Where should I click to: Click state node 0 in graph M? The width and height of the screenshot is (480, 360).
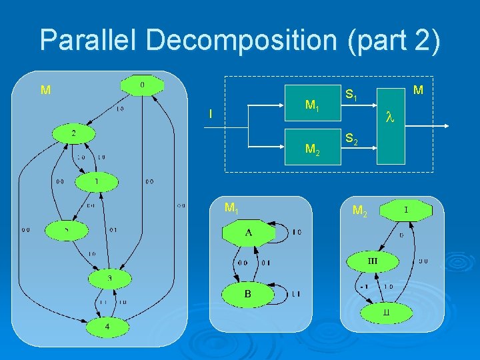141,85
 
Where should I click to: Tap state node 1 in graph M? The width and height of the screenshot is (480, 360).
97,181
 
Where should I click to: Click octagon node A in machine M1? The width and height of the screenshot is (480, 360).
248,233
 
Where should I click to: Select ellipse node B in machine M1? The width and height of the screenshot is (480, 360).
248,294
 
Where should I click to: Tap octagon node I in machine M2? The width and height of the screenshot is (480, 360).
406,211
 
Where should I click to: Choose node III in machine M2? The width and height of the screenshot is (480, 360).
372,261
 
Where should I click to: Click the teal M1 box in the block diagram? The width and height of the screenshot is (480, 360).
312,105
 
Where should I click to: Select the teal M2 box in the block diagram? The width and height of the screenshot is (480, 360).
312,147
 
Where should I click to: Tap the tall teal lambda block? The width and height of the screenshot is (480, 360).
391,120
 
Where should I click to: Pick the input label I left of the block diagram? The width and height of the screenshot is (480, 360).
211,115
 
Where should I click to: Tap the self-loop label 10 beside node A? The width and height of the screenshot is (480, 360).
296,232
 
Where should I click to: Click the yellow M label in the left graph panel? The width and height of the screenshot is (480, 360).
45,90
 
